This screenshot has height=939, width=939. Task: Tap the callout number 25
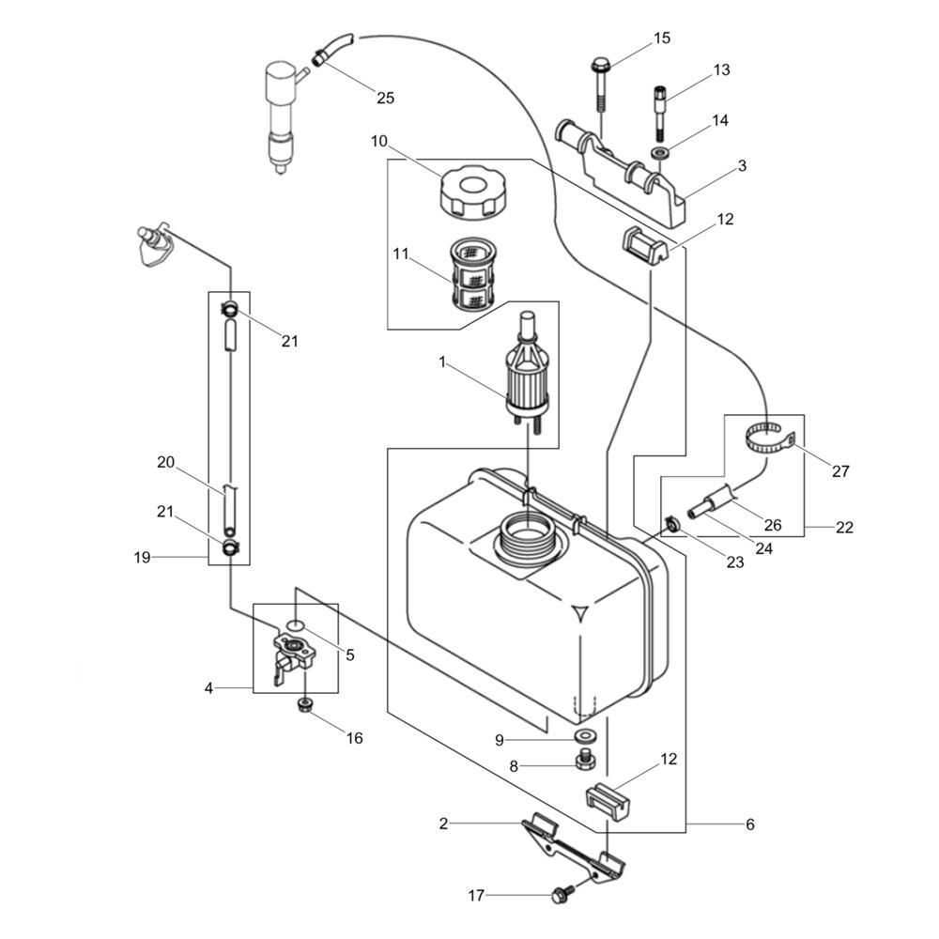[385, 97]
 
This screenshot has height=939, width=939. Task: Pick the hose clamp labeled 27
[769, 439]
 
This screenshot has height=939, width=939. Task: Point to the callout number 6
[749, 824]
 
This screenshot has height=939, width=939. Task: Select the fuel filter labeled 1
[526, 376]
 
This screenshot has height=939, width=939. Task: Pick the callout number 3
[742, 166]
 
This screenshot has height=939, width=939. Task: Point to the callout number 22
[844, 527]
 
